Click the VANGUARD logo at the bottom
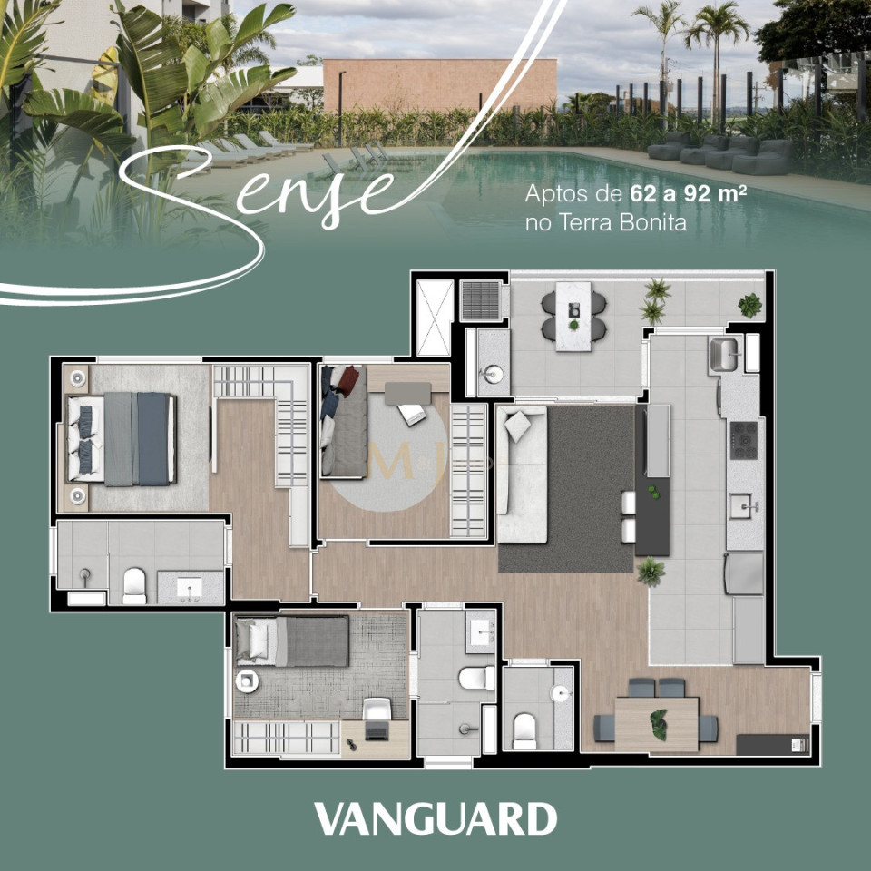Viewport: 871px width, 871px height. (435, 818)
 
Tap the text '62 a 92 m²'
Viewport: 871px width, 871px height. (688, 194)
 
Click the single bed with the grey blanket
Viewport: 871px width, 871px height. (292, 641)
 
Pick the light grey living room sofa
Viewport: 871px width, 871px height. (522, 474)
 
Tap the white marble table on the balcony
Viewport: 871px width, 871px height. (573, 315)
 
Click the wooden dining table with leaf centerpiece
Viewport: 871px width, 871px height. (656, 723)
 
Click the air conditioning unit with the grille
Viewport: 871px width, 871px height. (480, 300)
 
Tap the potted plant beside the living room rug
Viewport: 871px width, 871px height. (651, 572)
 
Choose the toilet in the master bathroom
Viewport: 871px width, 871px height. (134, 585)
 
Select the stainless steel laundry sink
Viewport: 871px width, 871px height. (726, 353)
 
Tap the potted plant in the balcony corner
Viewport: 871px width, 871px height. (749, 305)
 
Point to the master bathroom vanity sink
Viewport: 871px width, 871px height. (191, 589)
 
